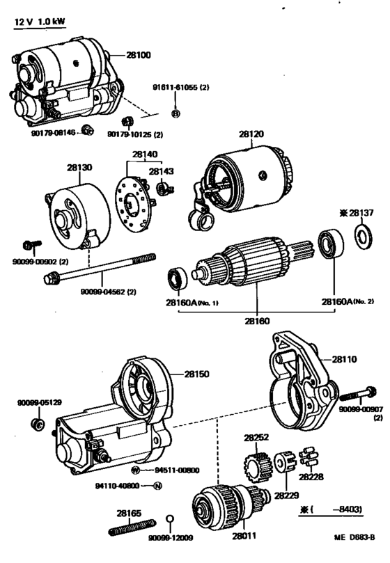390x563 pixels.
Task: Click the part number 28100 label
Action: [139, 55]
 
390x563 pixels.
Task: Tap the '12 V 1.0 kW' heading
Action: [40, 22]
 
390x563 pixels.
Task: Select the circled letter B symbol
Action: [175, 114]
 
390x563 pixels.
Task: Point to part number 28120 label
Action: [251, 134]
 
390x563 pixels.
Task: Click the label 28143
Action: [162, 172]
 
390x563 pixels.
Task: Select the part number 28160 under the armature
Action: [258, 321]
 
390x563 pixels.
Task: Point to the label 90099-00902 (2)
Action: [40, 262]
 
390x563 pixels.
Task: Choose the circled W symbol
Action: [135, 470]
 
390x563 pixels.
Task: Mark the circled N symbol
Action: [157, 486]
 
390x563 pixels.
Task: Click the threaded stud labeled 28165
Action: [132, 527]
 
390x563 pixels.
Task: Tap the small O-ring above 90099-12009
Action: [170, 519]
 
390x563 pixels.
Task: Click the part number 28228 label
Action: [311, 477]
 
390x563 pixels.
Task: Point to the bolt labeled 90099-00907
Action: [358, 394]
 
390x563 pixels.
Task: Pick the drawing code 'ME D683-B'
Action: [354, 537]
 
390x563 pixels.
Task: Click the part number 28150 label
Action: [196, 374]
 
